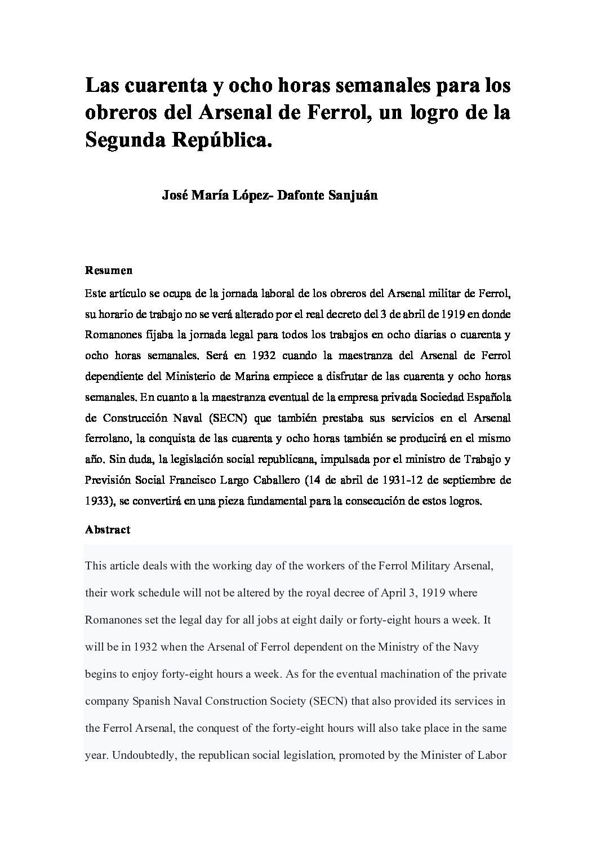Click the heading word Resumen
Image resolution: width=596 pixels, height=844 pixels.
(109, 270)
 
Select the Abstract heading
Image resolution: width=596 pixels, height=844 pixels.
(108, 529)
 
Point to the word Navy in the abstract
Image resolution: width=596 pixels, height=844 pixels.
(465, 647)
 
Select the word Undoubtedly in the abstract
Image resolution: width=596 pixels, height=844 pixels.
(143, 755)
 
